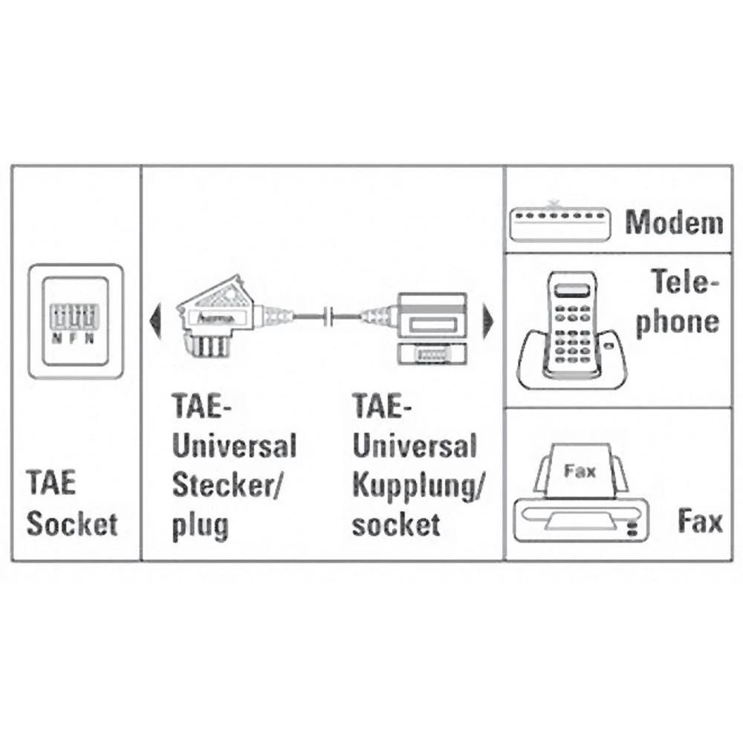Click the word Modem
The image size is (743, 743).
pos(673,222)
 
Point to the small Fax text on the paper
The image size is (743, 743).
pos(580,470)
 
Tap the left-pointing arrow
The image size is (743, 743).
pos(155,320)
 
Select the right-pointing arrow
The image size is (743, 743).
pos(488,320)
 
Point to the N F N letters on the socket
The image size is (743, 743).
pos(72,338)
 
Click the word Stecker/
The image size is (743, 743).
pos(227,486)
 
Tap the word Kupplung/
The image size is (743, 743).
pos(418,486)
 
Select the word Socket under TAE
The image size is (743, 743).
pos(72,524)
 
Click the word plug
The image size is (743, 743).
pos(200,525)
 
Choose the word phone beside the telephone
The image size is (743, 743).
pos(676,322)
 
